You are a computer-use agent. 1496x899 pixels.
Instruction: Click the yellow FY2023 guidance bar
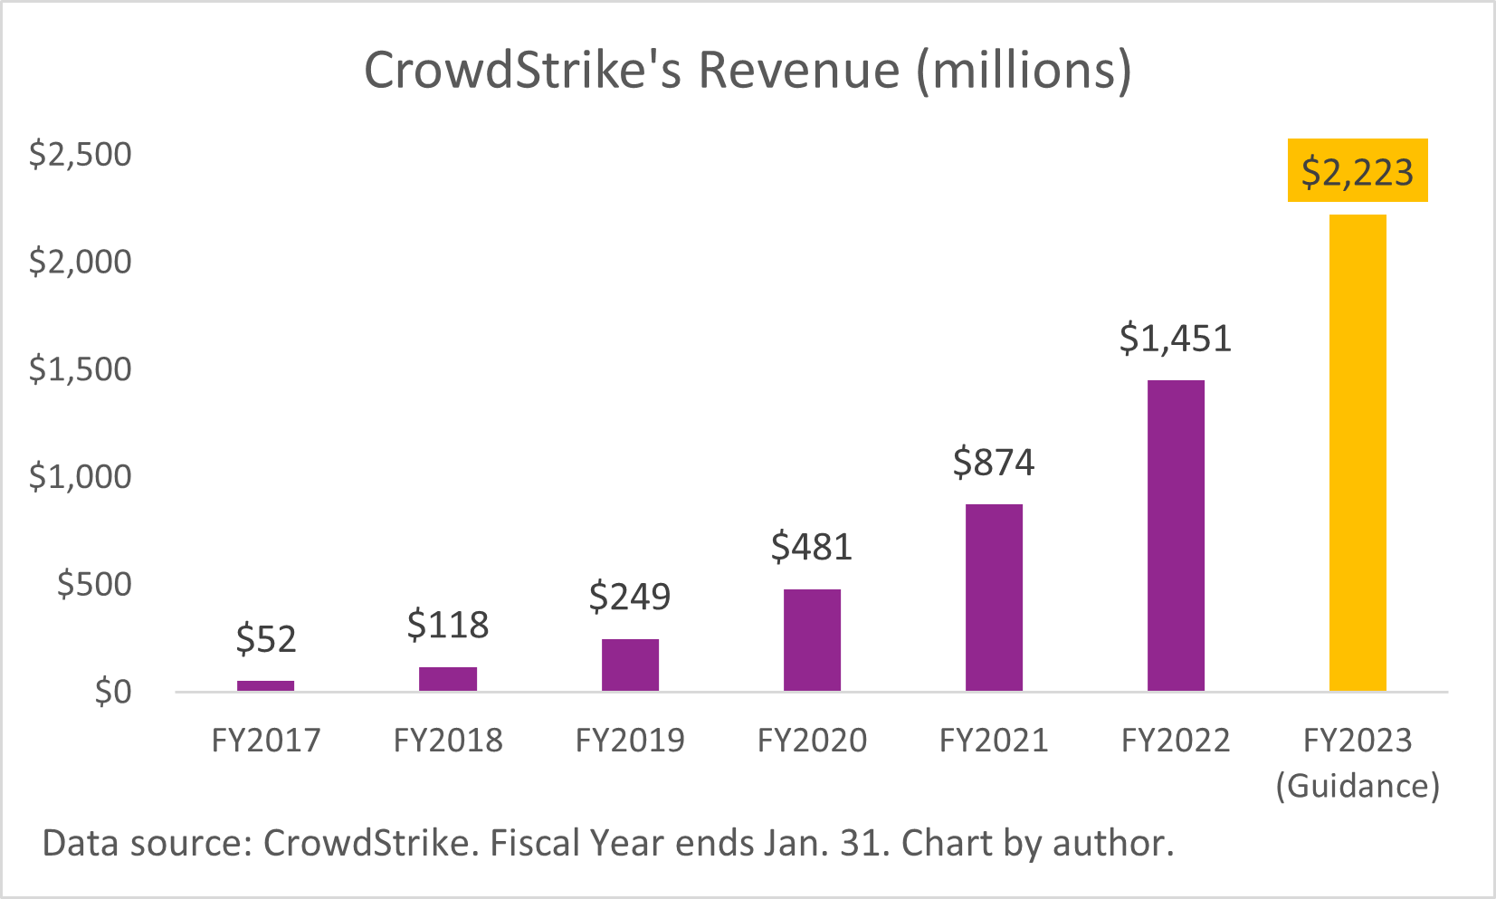(x=1358, y=453)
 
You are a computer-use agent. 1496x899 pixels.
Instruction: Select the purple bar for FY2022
(x=1176, y=536)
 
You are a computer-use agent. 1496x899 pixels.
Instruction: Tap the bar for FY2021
(x=994, y=598)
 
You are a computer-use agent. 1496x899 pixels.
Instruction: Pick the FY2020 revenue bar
(x=812, y=640)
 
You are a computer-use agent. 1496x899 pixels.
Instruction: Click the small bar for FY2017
(x=265, y=686)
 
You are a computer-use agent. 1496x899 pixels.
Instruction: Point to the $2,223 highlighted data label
(x=1358, y=171)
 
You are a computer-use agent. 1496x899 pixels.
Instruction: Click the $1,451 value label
(x=1176, y=339)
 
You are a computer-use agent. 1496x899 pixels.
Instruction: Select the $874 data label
(x=994, y=463)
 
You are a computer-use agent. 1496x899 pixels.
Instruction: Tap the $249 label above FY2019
(x=630, y=597)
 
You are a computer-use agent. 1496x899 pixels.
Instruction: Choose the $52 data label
(x=266, y=640)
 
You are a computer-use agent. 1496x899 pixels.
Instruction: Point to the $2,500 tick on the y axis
(x=81, y=155)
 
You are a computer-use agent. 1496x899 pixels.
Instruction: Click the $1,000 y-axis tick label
(x=81, y=477)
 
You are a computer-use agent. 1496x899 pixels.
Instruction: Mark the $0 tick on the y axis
(x=113, y=693)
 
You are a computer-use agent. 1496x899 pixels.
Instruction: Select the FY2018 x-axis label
(x=448, y=741)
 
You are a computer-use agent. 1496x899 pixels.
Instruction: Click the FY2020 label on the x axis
(x=812, y=741)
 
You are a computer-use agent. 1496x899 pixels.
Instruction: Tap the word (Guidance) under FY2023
(x=1358, y=785)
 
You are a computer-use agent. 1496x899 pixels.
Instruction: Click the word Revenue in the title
(x=799, y=71)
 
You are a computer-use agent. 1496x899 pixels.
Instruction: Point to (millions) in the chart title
(x=1024, y=71)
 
